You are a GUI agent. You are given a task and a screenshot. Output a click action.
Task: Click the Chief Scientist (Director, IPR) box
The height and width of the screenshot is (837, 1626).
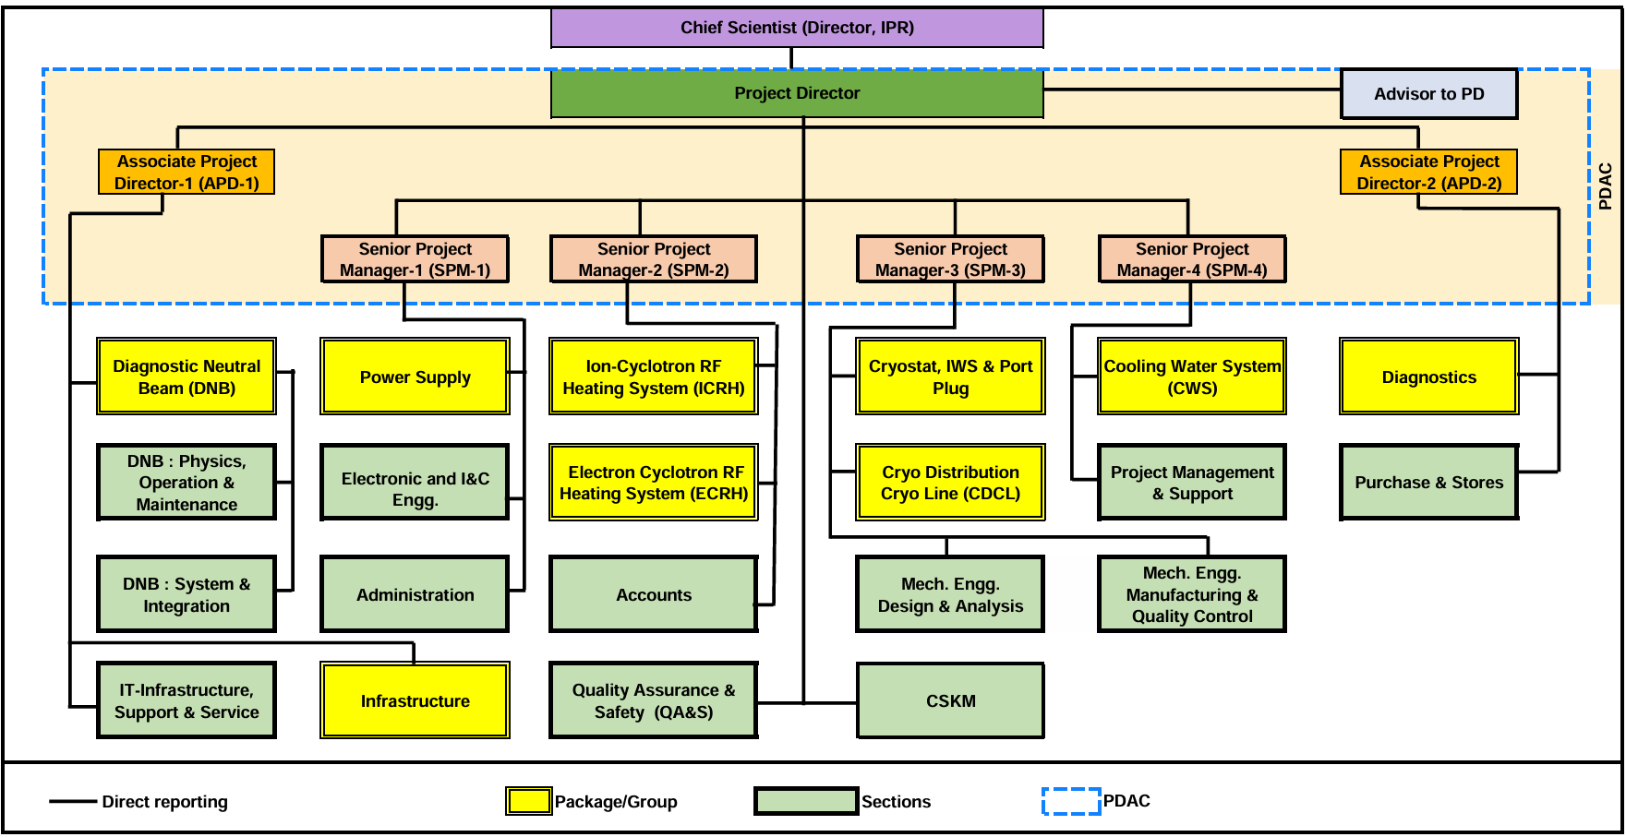tap(797, 28)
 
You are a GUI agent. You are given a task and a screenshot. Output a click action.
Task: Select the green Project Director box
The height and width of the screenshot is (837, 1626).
tap(797, 93)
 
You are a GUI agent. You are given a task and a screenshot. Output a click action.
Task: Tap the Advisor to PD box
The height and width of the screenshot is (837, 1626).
tap(1428, 94)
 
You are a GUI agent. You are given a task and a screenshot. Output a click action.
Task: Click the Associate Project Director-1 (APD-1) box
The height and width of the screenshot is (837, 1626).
tap(187, 173)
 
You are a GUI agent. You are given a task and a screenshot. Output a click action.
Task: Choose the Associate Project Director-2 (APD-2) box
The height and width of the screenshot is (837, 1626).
tap(1428, 173)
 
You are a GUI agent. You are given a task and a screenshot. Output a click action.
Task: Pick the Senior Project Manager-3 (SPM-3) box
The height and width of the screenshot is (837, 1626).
tap(950, 259)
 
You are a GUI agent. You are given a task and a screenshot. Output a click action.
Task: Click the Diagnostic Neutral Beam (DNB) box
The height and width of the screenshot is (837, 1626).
tap(187, 377)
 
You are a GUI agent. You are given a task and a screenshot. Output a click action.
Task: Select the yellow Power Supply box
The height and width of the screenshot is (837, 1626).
tap(415, 377)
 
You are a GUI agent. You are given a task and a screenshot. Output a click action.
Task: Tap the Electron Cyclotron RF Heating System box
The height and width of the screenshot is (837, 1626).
tap(653, 483)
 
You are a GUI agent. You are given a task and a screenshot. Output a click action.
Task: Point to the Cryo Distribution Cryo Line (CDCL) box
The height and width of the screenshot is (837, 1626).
tap(950, 483)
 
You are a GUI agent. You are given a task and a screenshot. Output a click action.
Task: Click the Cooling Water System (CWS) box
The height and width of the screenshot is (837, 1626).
tap(1192, 377)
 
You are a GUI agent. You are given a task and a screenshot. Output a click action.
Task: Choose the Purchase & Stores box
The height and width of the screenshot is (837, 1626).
tap(1428, 483)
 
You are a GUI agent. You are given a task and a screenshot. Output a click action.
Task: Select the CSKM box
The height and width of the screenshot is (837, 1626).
tap(950, 701)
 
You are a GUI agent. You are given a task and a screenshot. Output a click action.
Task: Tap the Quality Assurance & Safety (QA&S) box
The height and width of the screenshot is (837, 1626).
tap(653, 701)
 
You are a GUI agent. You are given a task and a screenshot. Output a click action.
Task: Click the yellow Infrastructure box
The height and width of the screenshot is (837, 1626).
tap(415, 701)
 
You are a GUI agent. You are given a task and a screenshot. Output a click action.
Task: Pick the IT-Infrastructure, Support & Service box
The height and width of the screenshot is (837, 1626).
tap(187, 701)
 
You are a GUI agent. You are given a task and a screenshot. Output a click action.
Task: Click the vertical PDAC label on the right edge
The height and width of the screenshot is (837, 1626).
tap(1606, 186)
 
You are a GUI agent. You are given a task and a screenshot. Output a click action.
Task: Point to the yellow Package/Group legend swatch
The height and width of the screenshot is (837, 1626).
tap(528, 801)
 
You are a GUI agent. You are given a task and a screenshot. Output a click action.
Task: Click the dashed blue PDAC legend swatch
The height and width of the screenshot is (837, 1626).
tap(1071, 801)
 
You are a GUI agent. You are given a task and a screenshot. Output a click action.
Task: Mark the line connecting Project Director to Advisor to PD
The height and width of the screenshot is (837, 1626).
tap(1191, 90)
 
